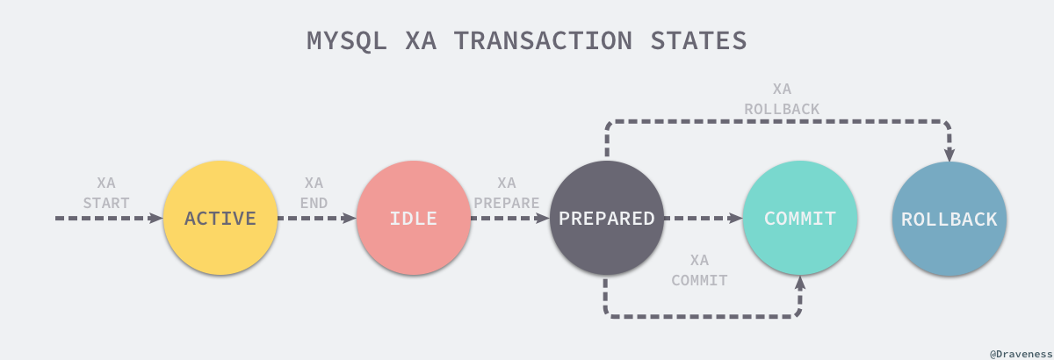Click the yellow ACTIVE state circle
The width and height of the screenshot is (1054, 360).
tap(220, 218)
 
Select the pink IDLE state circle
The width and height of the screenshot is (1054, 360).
tap(413, 218)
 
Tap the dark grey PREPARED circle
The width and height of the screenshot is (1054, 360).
tap(606, 218)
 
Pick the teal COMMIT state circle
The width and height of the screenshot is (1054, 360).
tap(799, 218)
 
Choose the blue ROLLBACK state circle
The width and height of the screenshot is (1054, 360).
tap(949, 218)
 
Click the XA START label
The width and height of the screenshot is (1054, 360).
tap(106, 193)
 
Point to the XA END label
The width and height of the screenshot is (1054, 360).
tap(314, 193)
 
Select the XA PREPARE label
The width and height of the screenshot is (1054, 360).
tap(507, 193)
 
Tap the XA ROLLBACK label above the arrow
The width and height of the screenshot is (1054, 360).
tap(782, 99)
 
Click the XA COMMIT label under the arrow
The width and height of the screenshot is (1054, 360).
tap(699, 270)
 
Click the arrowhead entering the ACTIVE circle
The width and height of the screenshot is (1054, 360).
tap(158, 218)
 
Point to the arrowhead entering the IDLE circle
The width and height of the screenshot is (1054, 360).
tap(351, 218)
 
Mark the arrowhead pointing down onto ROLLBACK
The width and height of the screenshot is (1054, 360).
tap(949, 154)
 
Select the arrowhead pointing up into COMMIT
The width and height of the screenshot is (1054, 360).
tap(800, 283)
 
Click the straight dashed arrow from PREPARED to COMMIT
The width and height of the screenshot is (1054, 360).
tap(703, 218)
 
